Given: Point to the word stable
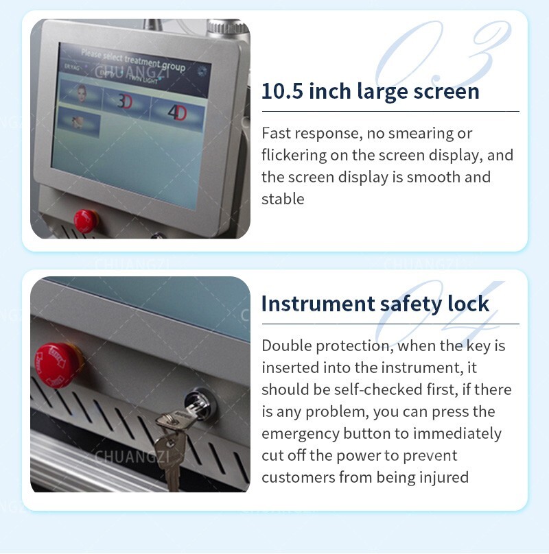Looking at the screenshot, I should [282, 199].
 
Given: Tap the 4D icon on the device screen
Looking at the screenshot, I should [176, 112].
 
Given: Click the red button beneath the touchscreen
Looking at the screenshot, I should [85, 219].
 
